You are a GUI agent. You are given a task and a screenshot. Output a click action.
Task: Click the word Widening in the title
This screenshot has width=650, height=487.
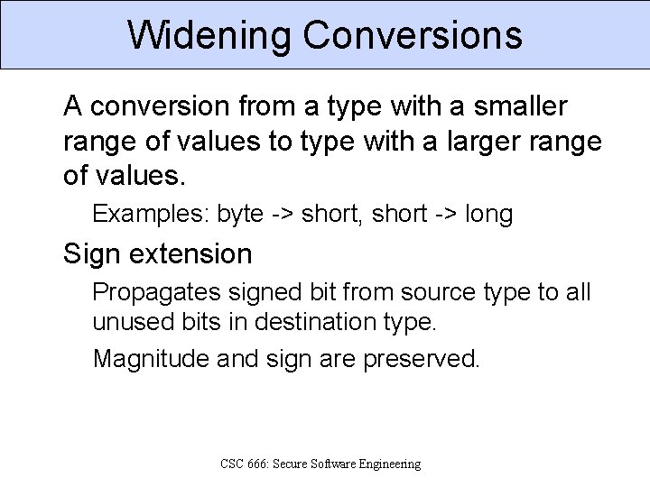(209, 35)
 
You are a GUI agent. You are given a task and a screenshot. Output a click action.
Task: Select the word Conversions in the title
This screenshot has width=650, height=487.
(413, 35)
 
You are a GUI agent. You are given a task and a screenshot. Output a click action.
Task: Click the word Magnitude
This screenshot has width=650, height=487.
(150, 359)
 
